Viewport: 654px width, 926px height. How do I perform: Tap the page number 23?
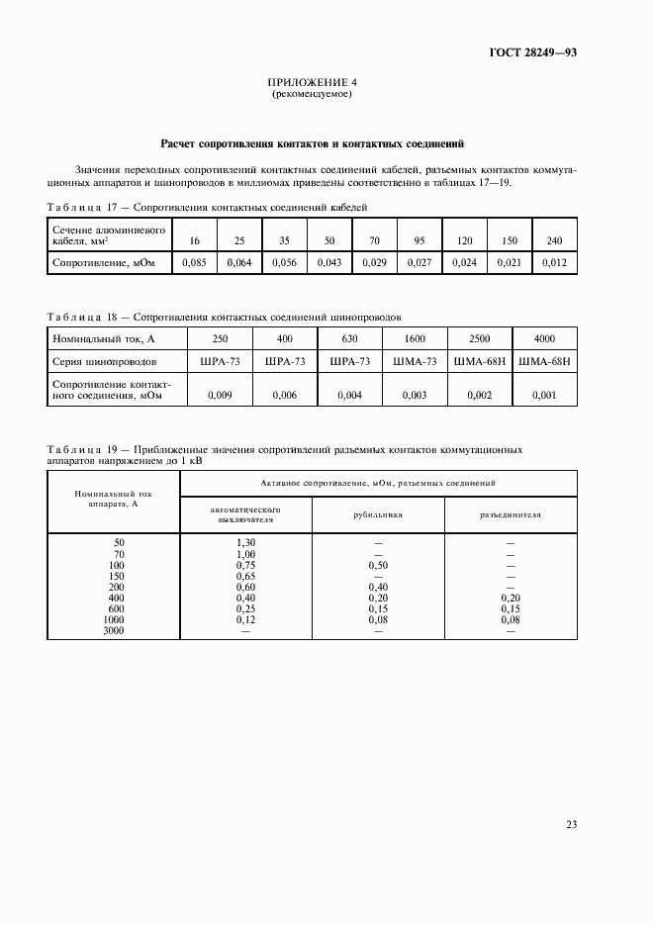pyautogui.click(x=571, y=825)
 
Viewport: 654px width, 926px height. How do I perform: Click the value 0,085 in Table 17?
pyautogui.click(x=195, y=262)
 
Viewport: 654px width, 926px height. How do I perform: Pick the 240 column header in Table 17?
pyautogui.click(x=554, y=240)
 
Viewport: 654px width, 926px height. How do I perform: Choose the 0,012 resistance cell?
pyautogui.click(x=554, y=262)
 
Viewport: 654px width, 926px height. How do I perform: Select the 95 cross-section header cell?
pyautogui.click(x=419, y=240)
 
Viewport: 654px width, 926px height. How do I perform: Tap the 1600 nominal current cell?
pyautogui.click(x=415, y=338)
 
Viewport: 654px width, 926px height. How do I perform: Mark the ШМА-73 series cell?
pyautogui.click(x=415, y=362)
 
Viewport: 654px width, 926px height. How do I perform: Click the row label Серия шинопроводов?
pyautogui.click(x=102, y=362)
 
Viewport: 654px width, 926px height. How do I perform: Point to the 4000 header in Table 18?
pyautogui.click(x=544, y=338)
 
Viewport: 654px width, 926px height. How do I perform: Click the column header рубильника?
pyautogui.click(x=377, y=515)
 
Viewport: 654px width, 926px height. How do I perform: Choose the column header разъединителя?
pyautogui.click(x=511, y=515)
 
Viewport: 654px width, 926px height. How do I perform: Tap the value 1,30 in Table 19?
pyautogui.click(x=245, y=543)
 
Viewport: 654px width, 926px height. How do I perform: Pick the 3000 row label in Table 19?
pyautogui.click(x=113, y=630)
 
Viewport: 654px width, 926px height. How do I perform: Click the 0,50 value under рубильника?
pyautogui.click(x=377, y=565)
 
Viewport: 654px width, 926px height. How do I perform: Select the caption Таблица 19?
pyautogui.click(x=82, y=449)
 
